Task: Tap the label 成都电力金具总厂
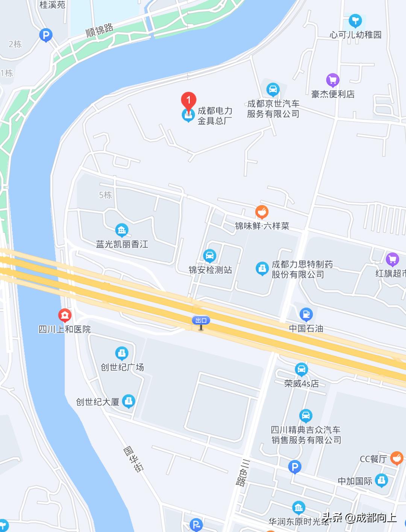point(215,116)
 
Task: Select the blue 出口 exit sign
point(201,320)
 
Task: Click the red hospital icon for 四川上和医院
point(65,315)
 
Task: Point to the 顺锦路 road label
point(100,30)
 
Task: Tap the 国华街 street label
point(133,459)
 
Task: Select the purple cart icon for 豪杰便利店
point(333,80)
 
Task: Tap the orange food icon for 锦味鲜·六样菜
point(262,212)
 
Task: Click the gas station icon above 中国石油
point(306,314)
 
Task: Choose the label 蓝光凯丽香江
point(122,244)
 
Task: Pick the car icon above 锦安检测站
point(209,256)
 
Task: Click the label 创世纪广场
point(122,367)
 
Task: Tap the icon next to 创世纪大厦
point(129,401)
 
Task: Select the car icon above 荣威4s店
point(301,370)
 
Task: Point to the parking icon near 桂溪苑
point(45,35)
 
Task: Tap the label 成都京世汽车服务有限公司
point(273,109)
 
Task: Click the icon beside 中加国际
point(382,480)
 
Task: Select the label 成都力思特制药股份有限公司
point(302,269)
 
